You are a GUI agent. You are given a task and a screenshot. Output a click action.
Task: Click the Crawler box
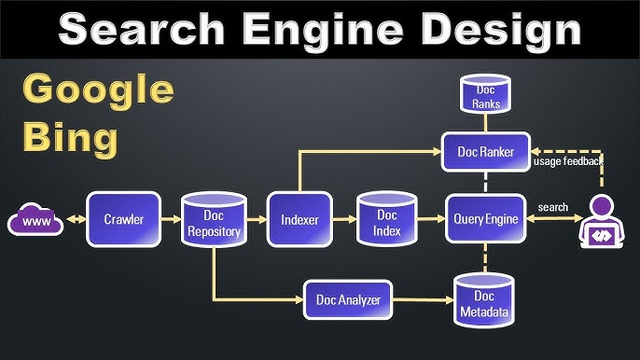(123, 220)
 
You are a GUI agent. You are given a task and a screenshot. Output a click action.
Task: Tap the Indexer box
(299, 220)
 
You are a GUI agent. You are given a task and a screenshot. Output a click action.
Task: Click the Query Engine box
(484, 220)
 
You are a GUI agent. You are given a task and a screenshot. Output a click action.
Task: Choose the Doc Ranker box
(485, 150)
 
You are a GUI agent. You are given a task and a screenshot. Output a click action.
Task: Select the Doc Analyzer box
(347, 298)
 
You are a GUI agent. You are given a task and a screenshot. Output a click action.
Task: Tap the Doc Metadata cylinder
(483, 300)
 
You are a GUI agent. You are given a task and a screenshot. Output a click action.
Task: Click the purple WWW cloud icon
(35, 221)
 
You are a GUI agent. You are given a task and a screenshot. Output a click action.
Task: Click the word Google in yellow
(97, 91)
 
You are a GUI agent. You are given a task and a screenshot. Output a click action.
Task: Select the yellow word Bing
(70, 139)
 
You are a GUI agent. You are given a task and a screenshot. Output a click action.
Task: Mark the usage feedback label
(567, 161)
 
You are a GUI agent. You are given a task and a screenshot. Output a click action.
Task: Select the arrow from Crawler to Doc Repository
(169, 220)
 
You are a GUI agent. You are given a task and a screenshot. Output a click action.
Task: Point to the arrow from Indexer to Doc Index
(341, 220)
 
